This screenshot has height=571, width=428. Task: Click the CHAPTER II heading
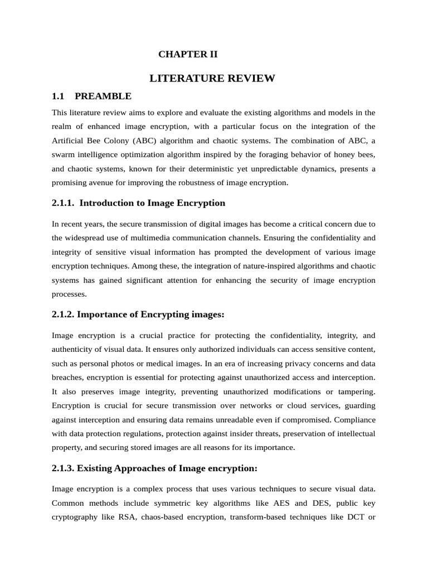188,54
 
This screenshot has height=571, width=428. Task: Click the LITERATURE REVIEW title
212,78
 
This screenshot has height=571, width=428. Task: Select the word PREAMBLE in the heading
103,96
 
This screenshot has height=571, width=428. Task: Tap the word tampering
354,391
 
